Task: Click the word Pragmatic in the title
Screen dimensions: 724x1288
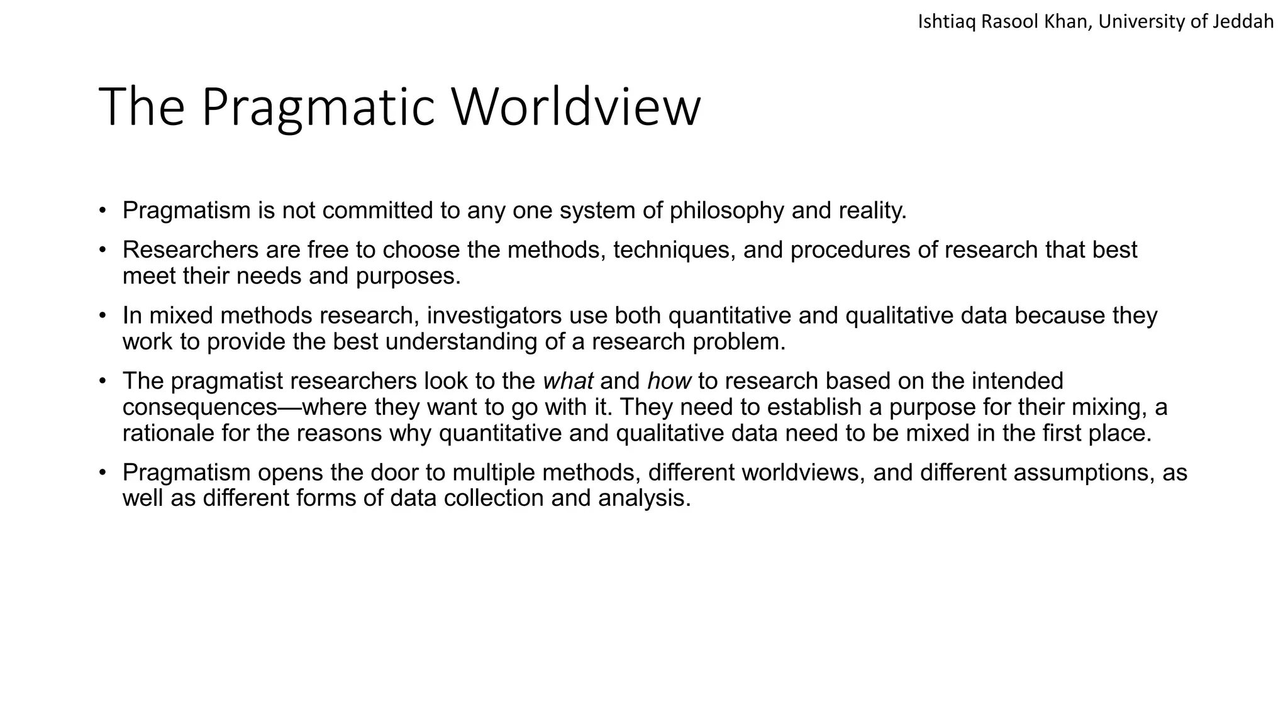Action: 318,107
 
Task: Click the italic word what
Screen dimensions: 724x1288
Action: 568,381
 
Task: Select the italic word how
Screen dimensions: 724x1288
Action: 669,381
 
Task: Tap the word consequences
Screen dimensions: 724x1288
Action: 200,408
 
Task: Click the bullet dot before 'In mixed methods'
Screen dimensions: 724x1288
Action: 103,315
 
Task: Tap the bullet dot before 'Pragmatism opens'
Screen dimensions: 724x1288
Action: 103,473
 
